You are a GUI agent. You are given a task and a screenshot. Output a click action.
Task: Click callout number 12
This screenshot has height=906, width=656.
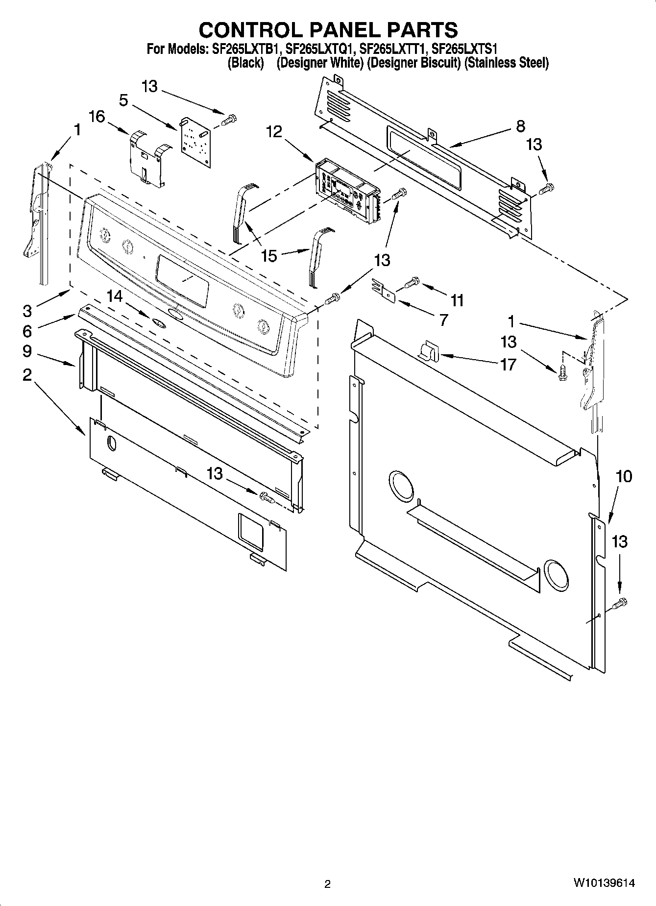pos(274,131)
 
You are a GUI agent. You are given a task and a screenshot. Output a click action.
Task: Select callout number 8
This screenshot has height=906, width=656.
pos(520,126)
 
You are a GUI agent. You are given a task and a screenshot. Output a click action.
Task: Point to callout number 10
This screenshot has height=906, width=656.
pos(623,476)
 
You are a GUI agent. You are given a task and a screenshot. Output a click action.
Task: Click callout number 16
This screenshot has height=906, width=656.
pos(97,117)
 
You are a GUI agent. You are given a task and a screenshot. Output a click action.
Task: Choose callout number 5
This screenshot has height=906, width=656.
pos(123,100)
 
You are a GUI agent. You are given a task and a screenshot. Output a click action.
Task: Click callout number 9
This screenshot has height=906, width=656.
pos(26,351)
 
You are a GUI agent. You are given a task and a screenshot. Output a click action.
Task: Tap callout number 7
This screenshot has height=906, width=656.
pos(443,320)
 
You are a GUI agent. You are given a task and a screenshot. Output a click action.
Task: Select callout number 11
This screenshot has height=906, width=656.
pos(457,300)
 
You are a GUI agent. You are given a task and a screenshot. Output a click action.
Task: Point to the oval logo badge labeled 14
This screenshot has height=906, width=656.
pos(158,322)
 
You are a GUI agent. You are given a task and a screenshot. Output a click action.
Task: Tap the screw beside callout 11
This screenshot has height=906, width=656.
pos(412,282)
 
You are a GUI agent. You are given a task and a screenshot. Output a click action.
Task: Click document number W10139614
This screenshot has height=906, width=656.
pos(604,883)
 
